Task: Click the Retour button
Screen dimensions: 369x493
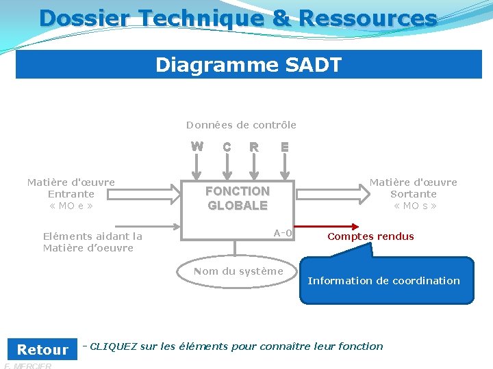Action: (42, 349)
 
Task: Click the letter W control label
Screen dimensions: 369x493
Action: (197, 146)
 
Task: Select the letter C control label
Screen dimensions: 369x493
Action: (227, 147)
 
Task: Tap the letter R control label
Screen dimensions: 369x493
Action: (254, 147)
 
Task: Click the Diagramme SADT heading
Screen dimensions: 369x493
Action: (248, 65)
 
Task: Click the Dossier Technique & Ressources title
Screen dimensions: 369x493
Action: (238, 18)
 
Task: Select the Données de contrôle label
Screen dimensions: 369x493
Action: (241, 125)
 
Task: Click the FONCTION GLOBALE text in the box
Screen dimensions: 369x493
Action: (238, 198)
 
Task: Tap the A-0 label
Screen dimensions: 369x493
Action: (283, 233)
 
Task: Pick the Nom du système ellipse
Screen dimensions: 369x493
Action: (238, 271)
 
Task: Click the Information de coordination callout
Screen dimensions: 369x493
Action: (385, 280)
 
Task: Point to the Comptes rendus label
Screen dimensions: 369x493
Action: (370, 236)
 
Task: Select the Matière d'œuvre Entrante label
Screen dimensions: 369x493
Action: (71, 194)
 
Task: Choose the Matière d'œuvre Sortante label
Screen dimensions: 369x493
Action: (414, 194)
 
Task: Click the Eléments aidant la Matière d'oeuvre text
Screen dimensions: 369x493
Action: (92, 242)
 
